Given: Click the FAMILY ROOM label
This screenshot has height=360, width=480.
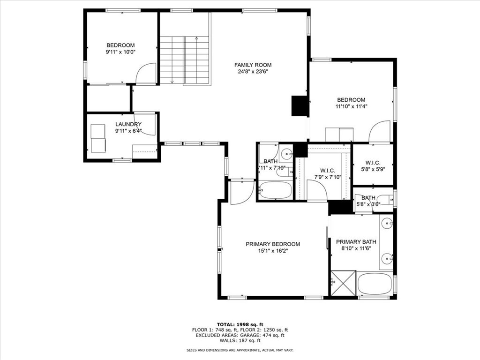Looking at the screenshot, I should pyautogui.click(x=253, y=65).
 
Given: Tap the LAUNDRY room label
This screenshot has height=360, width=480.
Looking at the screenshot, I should pyautogui.click(x=128, y=124).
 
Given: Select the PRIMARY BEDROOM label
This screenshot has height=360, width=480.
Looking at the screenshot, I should pyautogui.click(x=273, y=244).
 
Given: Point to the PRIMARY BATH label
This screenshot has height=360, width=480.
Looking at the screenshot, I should pyautogui.click(x=354, y=241).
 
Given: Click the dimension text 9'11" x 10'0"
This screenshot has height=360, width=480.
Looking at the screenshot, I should pyautogui.click(x=120, y=52).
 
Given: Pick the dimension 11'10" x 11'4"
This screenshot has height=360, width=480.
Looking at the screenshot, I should pyautogui.click(x=351, y=106).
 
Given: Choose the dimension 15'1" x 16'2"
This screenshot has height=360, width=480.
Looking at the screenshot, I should pyautogui.click(x=273, y=251).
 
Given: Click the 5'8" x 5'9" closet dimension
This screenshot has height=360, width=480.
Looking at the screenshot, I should pyautogui.click(x=373, y=169).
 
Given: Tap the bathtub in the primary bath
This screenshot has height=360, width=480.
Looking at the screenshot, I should pyautogui.click(x=375, y=284).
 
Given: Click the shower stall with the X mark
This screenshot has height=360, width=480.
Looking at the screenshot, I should pyautogui.click(x=343, y=283).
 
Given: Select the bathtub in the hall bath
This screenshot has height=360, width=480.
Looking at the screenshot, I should pyautogui.click(x=275, y=191).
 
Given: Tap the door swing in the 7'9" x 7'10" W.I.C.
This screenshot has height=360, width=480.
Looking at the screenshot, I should pyautogui.click(x=316, y=190).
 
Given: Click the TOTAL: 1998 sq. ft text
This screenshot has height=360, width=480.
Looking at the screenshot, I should pyautogui.click(x=240, y=324).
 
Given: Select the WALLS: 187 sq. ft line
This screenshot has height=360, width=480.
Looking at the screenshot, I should pyautogui.click(x=240, y=341).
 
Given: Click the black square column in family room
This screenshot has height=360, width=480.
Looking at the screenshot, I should pyautogui.click(x=300, y=105).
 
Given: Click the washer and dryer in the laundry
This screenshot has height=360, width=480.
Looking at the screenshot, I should pyautogui.click(x=98, y=138).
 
